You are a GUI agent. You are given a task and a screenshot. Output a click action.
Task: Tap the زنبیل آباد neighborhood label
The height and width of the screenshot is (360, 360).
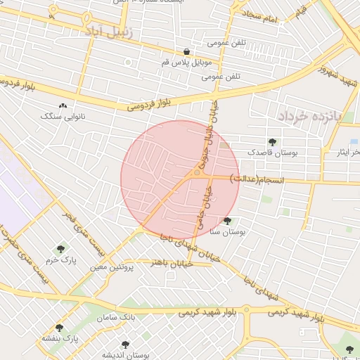[x=104, y=31]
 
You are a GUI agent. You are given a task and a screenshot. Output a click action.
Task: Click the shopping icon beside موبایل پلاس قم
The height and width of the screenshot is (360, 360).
[x=186, y=51]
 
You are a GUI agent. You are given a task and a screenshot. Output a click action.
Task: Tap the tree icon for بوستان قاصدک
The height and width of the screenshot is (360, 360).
[x=272, y=142]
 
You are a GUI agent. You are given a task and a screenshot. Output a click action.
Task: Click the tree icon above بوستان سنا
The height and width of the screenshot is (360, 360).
[x=227, y=221]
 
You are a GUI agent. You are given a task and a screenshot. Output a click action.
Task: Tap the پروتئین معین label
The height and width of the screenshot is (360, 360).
[x=109, y=267]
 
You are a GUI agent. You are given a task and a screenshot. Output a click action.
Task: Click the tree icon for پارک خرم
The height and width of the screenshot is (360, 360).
[x=61, y=249]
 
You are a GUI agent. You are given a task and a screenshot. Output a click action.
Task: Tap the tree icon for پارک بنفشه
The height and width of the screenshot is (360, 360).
[x=59, y=328]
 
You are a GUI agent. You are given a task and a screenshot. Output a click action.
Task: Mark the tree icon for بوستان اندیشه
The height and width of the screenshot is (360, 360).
[x=126, y=345]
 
